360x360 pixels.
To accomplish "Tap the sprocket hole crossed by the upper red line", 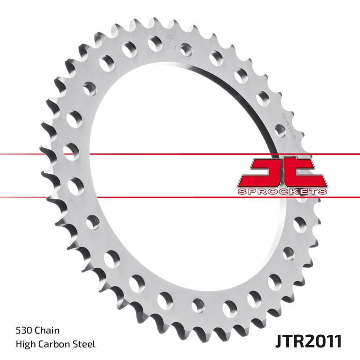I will coord(71,150).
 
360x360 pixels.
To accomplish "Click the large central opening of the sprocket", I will coord(180,180).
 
